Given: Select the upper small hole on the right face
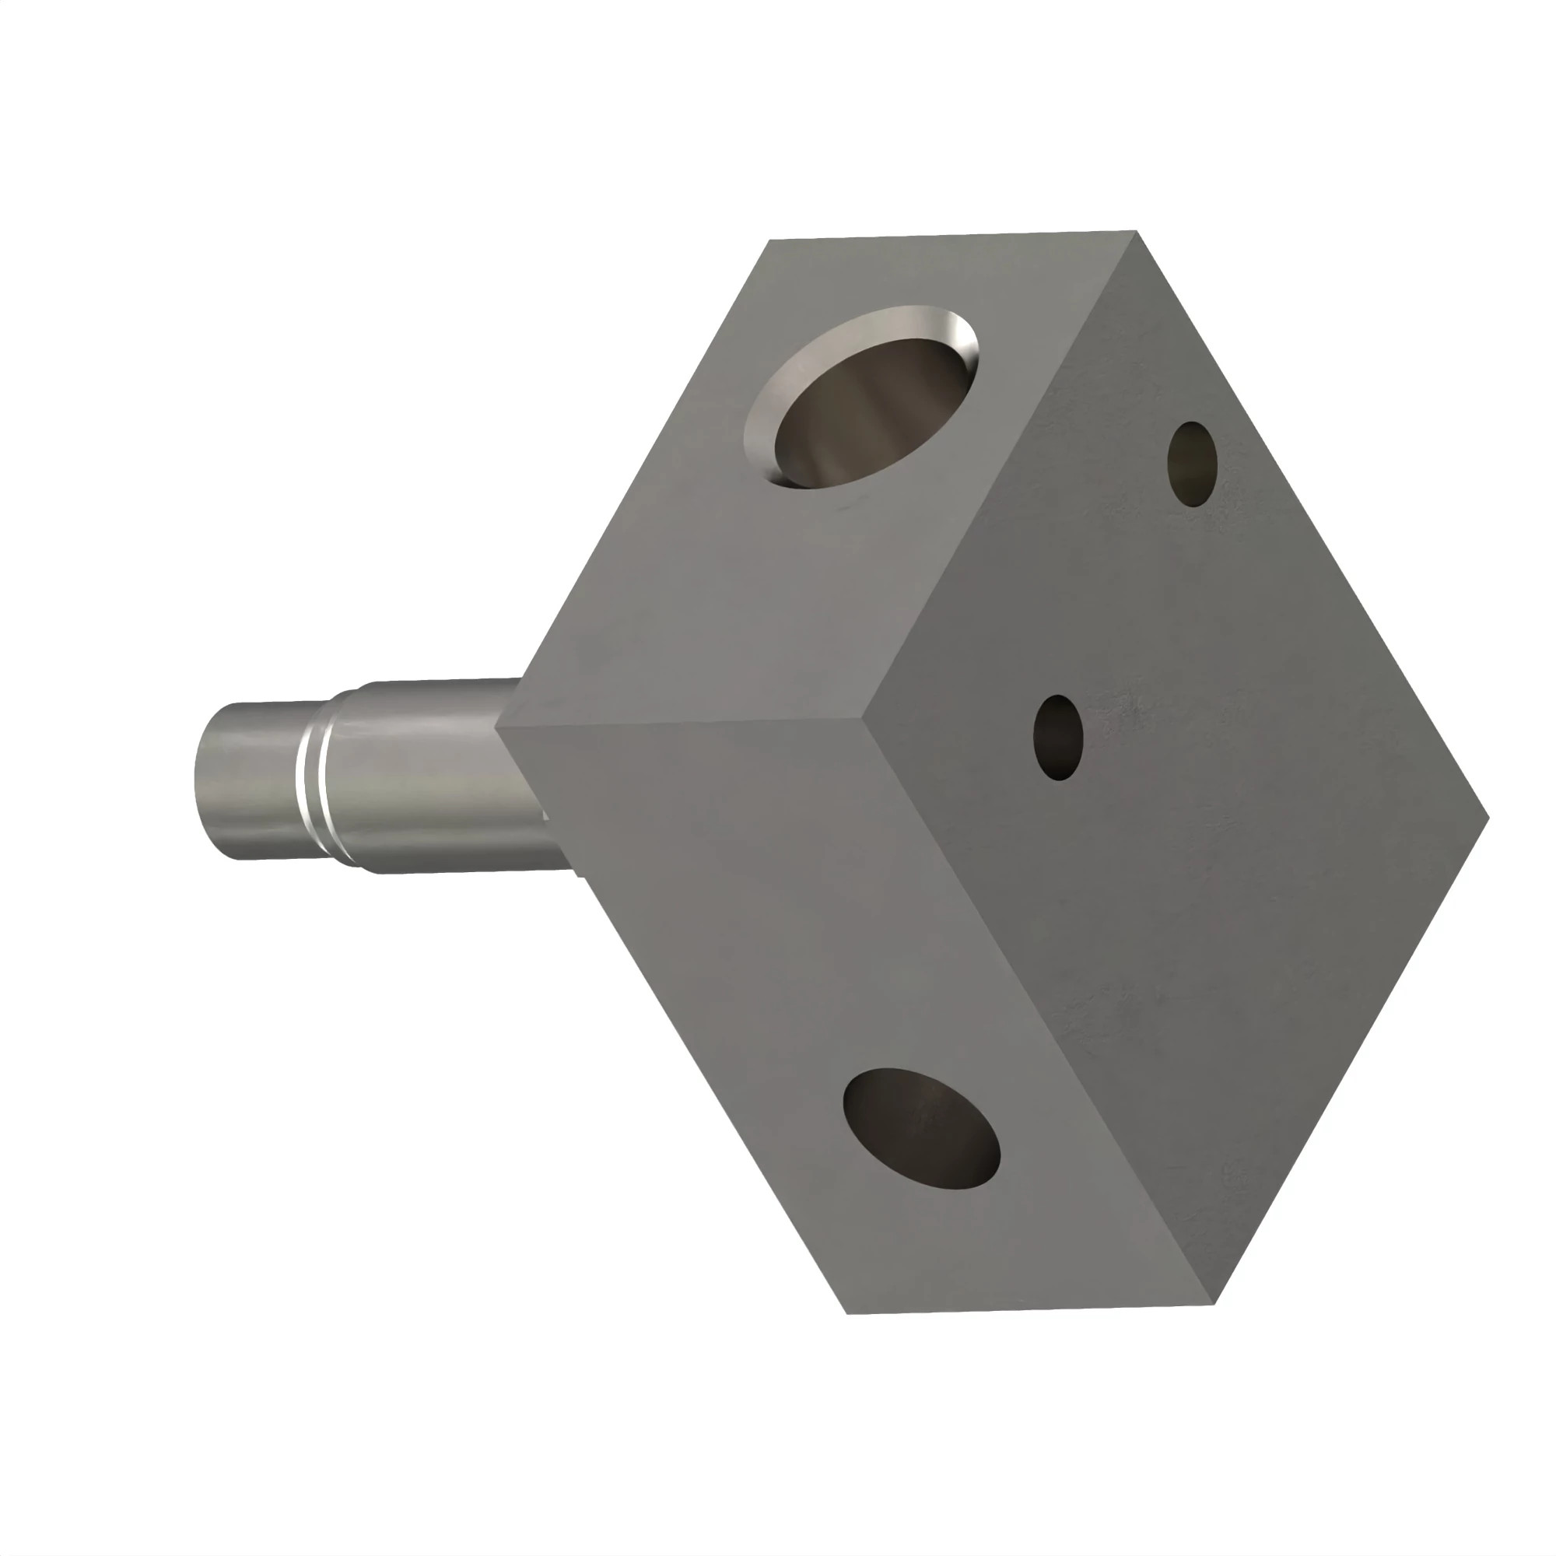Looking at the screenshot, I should click(x=1191, y=464).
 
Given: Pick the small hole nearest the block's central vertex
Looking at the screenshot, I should click(x=1057, y=738).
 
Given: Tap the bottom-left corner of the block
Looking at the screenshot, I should click(x=848, y=1314).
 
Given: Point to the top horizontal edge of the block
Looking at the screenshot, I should click(x=951, y=236).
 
